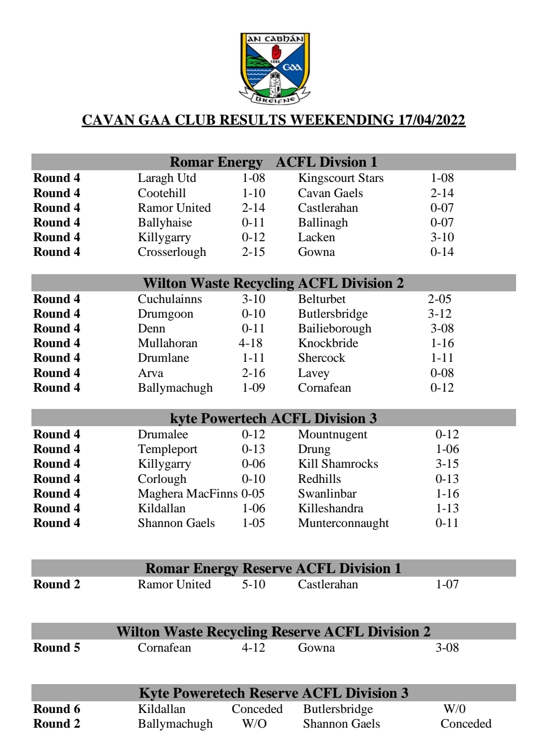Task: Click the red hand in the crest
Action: [276, 52]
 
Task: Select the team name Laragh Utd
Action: [167, 178]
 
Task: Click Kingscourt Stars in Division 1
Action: [341, 178]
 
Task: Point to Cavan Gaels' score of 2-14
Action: [442, 193]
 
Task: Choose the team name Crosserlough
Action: [172, 252]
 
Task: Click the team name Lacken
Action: [316, 237]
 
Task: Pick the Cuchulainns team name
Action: [170, 299]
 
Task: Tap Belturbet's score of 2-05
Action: [440, 299]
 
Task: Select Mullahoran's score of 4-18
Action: [250, 343]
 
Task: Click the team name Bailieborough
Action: [335, 328]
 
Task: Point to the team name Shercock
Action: [321, 358]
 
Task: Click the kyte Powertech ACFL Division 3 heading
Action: [273, 418]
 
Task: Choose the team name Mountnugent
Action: [333, 434]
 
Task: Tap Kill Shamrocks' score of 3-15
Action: [447, 464]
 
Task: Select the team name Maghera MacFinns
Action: [188, 494]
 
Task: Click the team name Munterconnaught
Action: [343, 523]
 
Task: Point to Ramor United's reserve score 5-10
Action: [253, 584]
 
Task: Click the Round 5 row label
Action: [57, 648]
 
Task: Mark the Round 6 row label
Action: [57, 709]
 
